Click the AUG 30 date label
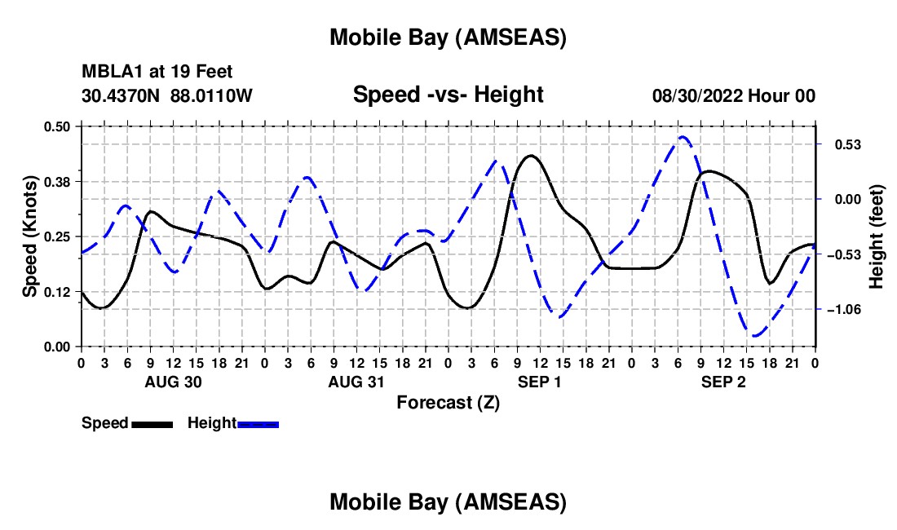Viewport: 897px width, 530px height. (x=173, y=382)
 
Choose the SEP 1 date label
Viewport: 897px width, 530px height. (x=540, y=382)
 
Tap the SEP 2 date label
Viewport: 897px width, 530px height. (x=724, y=382)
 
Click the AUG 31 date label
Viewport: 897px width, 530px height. (x=356, y=382)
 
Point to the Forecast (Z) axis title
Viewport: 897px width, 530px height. (x=448, y=402)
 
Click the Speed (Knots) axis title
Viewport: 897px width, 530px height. (x=29, y=236)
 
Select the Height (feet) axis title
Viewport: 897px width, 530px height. (x=877, y=236)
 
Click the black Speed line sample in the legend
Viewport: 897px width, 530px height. (x=152, y=424)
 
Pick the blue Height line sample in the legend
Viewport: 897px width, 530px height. (x=258, y=424)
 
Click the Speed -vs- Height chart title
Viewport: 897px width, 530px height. (x=448, y=95)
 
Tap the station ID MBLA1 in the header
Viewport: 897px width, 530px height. (x=108, y=73)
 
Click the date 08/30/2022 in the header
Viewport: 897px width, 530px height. (x=698, y=96)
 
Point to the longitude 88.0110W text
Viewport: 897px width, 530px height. (x=211, y=96)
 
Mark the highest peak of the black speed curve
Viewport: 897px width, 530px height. (x=531, y=155)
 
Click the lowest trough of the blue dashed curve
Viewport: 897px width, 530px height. (x=756, y=335)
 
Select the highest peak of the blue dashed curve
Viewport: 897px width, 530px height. (x=683, y=137)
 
